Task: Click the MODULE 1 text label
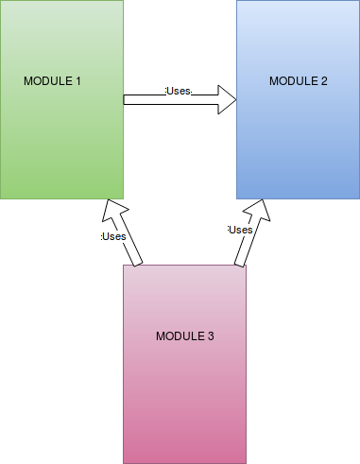point(53,81)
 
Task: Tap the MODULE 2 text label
point(299,81)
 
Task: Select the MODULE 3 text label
point(185,336)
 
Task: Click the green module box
point(61,142)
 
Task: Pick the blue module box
point(299,142)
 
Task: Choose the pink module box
point(185,397)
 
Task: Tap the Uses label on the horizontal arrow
point(179,92)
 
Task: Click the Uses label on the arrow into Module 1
point(114,236)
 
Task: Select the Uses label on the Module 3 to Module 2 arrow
point(241,230)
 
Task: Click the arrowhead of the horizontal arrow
point(227,99)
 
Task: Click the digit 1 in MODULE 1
point(78,81)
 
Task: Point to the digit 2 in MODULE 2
point(324,81)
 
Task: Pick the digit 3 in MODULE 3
point(211,336)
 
